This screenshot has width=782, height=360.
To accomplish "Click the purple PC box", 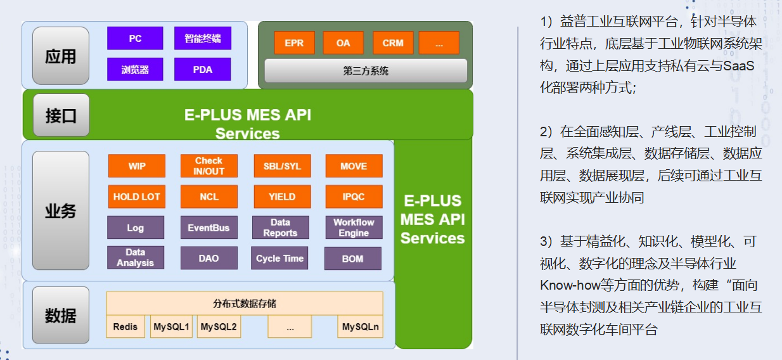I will point(135,38).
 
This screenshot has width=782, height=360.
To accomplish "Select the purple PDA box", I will point(202,70).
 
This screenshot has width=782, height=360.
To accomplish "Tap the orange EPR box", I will point(294,42).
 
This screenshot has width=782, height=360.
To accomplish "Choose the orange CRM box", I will point(393,42).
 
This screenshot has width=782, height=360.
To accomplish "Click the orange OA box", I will point(343,42).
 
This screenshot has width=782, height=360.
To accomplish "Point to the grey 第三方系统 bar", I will point(366,71).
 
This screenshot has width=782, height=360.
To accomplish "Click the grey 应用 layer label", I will point(61,56).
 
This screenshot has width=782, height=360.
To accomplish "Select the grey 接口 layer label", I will point(61,115).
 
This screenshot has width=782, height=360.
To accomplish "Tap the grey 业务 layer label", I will point(61,211).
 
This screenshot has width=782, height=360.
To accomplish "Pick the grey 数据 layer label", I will point(61,315).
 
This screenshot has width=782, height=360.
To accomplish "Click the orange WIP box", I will point(136,166).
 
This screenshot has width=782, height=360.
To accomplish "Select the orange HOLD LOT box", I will point(136,196).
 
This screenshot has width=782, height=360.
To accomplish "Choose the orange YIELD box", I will point(281,196).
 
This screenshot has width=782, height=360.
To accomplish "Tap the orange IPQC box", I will point(354,196).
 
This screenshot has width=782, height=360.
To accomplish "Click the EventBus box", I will point(208,228).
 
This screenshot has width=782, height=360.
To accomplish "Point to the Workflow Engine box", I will point(354,228).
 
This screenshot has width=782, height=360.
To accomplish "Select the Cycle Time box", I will point(279,259).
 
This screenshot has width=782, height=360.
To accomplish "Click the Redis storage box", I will point(125,327).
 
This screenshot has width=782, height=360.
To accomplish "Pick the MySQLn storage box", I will point(360,327).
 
